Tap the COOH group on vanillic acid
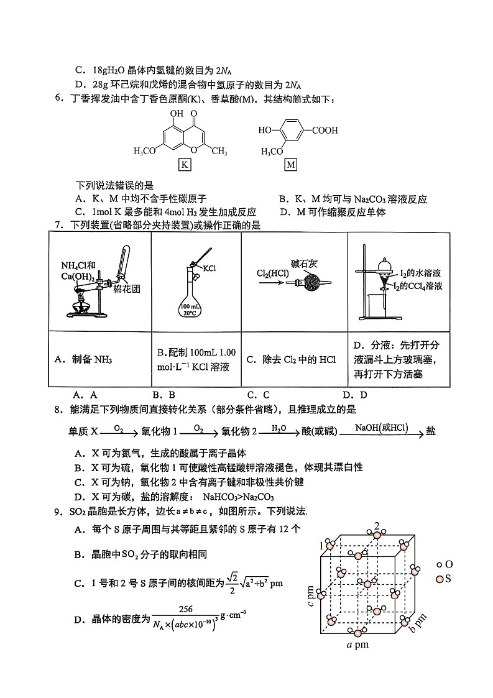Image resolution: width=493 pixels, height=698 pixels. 325,131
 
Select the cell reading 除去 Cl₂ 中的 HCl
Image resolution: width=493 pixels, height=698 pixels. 291,359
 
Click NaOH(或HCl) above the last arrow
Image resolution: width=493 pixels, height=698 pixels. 381,428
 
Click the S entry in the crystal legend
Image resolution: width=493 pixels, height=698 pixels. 444,579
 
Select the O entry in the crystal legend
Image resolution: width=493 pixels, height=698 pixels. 444,564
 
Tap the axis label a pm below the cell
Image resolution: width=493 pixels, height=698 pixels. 357,645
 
